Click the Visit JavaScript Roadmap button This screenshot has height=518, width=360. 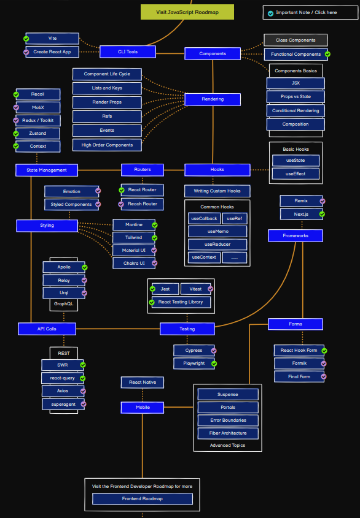[187, 12]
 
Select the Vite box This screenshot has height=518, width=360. [52, 38]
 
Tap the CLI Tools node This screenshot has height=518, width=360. [128, 51]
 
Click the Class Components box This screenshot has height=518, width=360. [295, 40]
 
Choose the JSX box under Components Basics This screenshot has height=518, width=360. [295, 83]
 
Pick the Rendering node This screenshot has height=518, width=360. [212, 99]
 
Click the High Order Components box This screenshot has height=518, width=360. [107, 145]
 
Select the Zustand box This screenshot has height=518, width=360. [37, 133]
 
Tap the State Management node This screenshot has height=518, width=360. [47, 170]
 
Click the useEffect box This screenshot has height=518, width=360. [296, 173]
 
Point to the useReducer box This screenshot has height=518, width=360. [217, 244]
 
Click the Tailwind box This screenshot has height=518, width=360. [133, 237]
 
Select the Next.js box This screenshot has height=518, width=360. [300, 214]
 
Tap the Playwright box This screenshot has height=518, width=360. [194, 364]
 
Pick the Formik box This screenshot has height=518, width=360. [299, 364]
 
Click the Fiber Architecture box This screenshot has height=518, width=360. [228, 433]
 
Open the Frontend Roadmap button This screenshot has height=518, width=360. [143, 498]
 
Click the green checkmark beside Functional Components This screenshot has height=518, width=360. [327, 54]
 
